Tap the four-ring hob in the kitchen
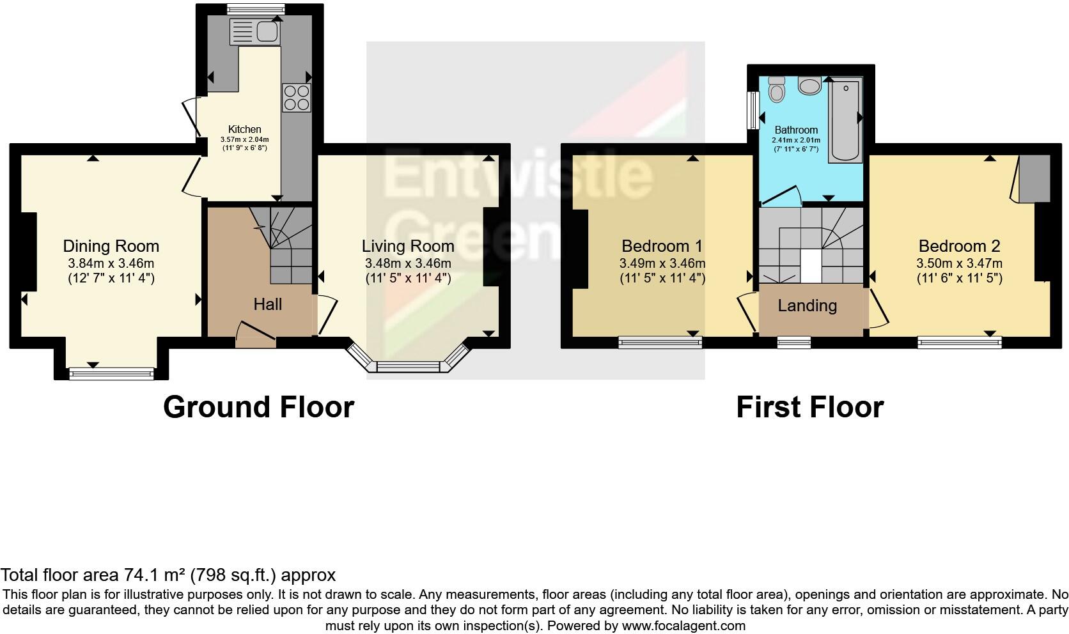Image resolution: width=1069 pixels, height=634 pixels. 296,98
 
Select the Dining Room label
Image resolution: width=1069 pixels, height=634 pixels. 111,246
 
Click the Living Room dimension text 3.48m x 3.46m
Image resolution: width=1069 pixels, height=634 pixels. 408,263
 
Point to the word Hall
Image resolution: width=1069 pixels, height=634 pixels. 267,304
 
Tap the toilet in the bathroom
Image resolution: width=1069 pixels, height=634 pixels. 777,91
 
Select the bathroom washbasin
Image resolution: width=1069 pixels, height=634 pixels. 810,86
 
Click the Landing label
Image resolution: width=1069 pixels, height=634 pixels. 807,305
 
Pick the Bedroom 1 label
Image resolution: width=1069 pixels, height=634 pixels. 662,246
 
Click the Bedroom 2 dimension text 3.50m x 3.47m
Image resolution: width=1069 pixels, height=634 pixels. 959,263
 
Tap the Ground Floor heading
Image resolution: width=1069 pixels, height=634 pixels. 258,407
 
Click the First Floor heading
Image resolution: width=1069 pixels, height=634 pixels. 809,407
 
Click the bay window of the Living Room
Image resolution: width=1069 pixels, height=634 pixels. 408,366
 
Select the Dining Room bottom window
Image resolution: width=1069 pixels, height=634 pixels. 112,373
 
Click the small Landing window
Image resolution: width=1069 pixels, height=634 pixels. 793,343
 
